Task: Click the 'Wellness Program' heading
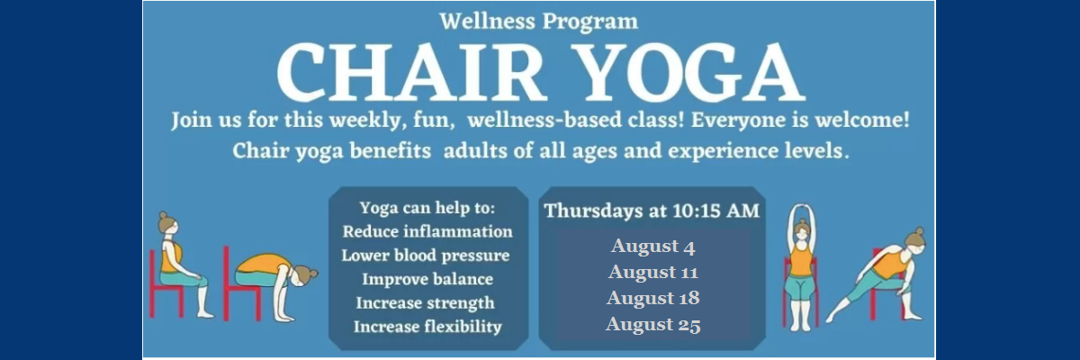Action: (538, 22)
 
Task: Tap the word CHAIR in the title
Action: (409, 72)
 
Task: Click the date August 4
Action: (652, 247)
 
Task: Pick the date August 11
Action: (652, 273)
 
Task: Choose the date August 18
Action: (652, 298)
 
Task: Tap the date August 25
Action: (652, 324)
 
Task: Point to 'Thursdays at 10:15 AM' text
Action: (652, 211)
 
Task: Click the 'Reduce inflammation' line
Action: (427, 232)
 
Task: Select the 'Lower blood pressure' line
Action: (425, 256)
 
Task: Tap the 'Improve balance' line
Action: (427, 279)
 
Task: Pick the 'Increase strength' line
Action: (425, 303)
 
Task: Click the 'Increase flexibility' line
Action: (427, 327)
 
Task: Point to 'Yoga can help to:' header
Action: (427, 208)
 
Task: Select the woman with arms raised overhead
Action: (801, 268)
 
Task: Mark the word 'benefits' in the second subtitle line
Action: (390, 151)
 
